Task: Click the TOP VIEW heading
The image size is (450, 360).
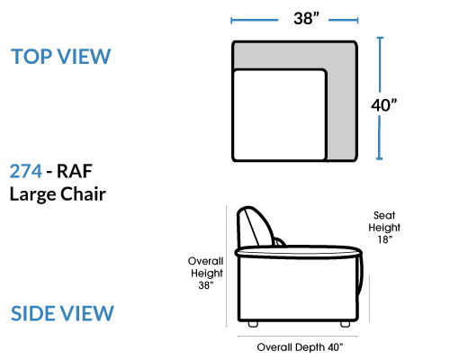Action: point(61,57)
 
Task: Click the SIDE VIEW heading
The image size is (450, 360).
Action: point(62,313)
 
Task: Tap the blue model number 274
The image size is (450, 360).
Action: point(26,171)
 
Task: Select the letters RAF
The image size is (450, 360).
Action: point(74,171)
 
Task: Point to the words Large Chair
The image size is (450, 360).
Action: point(58,194)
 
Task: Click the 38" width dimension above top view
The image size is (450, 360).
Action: point(306,18)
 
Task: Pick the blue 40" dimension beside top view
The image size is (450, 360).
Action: point(384,105)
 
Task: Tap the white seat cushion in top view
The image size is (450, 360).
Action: point(280,115)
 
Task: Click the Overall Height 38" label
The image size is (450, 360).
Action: point(206,273)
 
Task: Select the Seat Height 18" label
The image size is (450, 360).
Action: point(384,227)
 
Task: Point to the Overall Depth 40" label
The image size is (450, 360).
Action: point(300,347)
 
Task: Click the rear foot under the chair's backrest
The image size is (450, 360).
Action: point(253,324)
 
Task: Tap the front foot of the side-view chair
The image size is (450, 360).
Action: point(346,324)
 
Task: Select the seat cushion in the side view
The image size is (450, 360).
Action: point(299,252)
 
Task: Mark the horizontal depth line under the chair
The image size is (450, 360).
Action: point(297,337)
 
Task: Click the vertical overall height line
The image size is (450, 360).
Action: point(227,265)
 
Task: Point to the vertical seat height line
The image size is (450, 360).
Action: point(369,299)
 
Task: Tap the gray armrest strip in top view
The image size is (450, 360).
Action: point(341,115)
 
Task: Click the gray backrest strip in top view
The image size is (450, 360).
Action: point(294,56)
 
